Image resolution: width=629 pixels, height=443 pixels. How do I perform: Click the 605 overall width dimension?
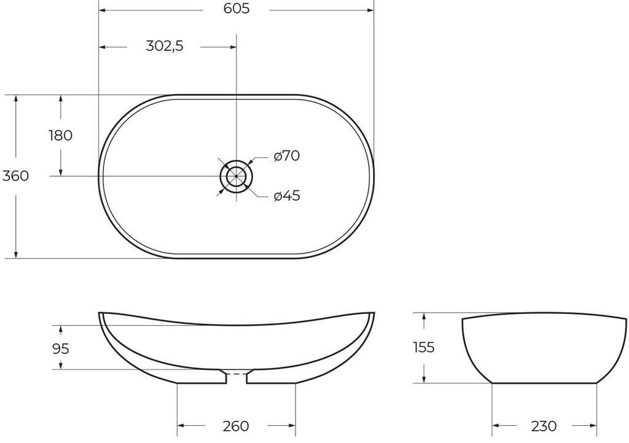click(x=236, y=10)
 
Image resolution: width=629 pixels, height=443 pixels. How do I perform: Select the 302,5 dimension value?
click(x=165, y=46)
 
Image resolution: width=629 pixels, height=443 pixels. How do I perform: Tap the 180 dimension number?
click(x=60, y=135)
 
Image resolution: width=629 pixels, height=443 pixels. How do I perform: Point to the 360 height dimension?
click(x=15, y=176)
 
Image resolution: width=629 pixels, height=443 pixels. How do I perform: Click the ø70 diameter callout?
click(x=287, y=156)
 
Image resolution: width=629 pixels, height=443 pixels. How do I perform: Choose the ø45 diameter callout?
click(x=287, y=196)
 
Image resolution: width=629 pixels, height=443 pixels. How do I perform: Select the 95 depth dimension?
click(x=60, y=348)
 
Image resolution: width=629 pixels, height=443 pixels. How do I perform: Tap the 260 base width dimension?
click(x=236, y=426)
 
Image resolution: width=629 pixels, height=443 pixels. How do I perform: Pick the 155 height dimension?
click(x=423, y=347)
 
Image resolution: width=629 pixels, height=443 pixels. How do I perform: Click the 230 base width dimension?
click(x=544, y=426)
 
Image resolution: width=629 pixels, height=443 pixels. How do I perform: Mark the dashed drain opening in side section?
click(x=236, y=374)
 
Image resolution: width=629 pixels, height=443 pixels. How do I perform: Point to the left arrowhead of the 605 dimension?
click(x=103, y=10)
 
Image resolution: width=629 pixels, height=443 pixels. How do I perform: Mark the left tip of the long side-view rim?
click(x=100, y=313)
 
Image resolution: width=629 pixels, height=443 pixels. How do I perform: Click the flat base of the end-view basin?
click(x=544, y=383)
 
